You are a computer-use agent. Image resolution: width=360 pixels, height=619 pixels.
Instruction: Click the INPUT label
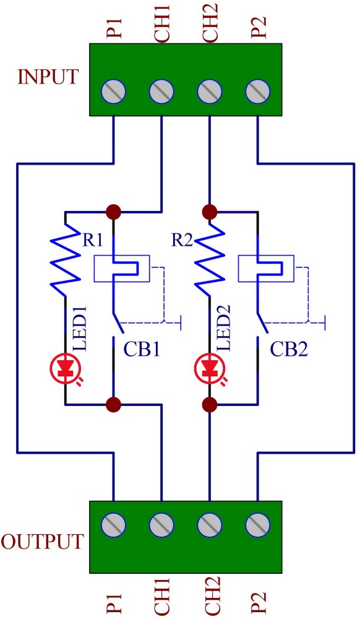click(48, 77)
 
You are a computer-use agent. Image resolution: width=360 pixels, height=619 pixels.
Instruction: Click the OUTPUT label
click(43, 541)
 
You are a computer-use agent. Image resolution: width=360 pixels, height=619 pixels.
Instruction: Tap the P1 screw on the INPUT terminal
click(114, 91)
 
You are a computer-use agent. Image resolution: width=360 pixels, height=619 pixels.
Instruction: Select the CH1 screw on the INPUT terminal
click(161, 91)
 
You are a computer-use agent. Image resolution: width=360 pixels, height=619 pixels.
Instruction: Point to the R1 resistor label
click(92, 240)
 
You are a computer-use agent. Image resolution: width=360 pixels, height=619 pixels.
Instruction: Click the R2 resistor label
click(182, 240)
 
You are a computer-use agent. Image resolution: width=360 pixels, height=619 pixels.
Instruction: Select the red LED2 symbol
click(209, 368)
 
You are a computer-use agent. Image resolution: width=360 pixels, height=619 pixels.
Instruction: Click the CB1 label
click(142, 349)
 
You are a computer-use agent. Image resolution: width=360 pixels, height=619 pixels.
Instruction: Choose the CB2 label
click(289, 349)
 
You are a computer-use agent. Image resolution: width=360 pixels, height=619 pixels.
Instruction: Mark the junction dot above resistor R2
click(209, 212)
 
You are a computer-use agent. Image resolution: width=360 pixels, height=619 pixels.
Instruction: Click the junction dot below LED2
click(209, 404)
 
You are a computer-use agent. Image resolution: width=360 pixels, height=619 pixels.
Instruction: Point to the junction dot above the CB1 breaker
click(114, 212)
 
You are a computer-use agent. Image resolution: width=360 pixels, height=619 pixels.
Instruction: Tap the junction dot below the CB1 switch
click(114, 404)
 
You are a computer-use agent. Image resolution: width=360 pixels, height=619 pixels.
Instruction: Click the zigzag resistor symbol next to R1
click(66, 259)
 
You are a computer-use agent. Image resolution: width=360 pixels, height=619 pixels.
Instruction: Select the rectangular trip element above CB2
click(266, 269)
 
